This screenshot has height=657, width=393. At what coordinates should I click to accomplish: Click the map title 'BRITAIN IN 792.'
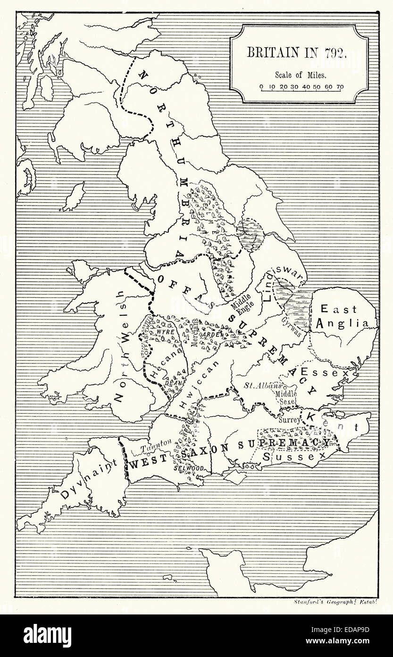[x=298, y=52]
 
